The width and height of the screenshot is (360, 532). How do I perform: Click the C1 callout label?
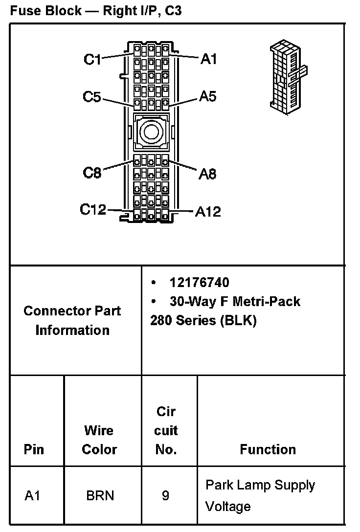coord(92,60)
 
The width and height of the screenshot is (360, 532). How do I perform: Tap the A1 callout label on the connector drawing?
coord(208,59)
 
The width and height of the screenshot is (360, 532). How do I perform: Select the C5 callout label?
coord(91,97)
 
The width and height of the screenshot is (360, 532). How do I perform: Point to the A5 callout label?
coord(207,96)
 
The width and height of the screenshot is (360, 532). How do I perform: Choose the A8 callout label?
coord(207,174)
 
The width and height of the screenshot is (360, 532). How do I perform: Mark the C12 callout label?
coord(93,210)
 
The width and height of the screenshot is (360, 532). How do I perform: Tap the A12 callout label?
coord(208,211)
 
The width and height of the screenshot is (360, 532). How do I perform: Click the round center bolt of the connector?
coord(150,131)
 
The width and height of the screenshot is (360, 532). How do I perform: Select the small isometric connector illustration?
coord(287,76)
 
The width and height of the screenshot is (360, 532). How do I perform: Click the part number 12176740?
coord(199,283)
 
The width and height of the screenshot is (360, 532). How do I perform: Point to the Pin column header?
coord(34,449)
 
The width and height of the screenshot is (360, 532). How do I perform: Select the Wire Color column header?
coord(99,440)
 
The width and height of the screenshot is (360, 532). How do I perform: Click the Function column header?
coord(268,449)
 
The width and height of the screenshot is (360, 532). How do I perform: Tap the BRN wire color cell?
coord(100,496)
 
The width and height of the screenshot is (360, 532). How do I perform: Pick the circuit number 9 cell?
coord(166,496)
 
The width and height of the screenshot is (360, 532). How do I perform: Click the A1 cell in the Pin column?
coord(32,496)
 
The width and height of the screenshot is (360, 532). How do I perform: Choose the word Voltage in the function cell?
coord(228,507)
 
